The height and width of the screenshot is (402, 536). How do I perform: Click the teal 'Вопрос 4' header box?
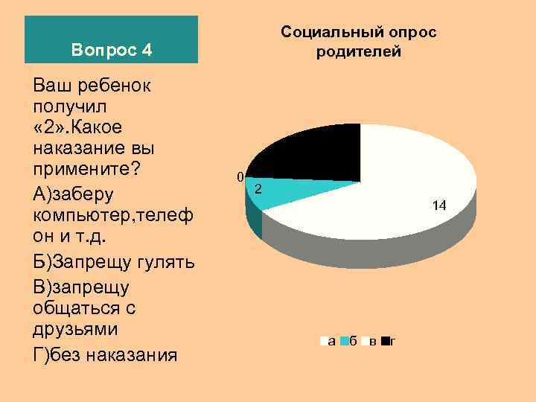pyautogui.click(x=112, y=39)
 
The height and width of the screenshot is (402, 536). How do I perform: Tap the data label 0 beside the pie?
pyautogui.click(x=239, y=177)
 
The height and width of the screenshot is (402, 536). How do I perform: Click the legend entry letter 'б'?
pyautogui.click(x=352, y=342)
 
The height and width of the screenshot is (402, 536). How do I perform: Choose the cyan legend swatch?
pyautogui.click(x=345, y=342)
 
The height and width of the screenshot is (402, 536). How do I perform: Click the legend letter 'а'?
pyautogui.click(x=331, y=342)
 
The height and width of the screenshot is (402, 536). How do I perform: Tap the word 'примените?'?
pyautogui.click(x=86, y=167)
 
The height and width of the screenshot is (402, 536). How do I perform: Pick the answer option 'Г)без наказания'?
pyautogui.click(x=105, y=353)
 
